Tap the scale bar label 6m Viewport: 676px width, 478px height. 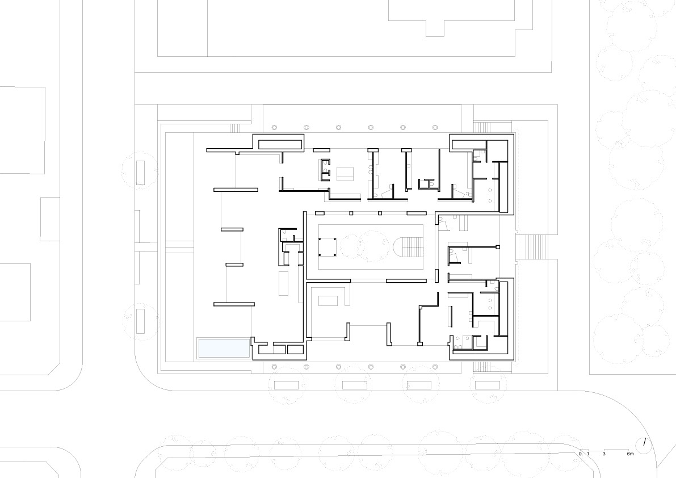coord(630,454)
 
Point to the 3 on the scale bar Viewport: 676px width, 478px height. coord(604,454)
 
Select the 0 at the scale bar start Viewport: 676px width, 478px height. coord(580,454)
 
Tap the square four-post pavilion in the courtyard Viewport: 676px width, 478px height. coord(327,246)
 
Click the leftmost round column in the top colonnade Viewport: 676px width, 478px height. coord(274,128)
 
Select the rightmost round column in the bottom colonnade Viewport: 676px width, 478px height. coord(435,367)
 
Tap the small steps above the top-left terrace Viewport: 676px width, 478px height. coord(235,128)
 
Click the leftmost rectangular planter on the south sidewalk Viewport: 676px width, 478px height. coord(287,385)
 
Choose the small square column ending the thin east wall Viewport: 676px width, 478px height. coord(498,248)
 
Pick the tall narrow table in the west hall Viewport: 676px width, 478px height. coord(283,283)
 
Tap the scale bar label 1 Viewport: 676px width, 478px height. coord(588,454)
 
